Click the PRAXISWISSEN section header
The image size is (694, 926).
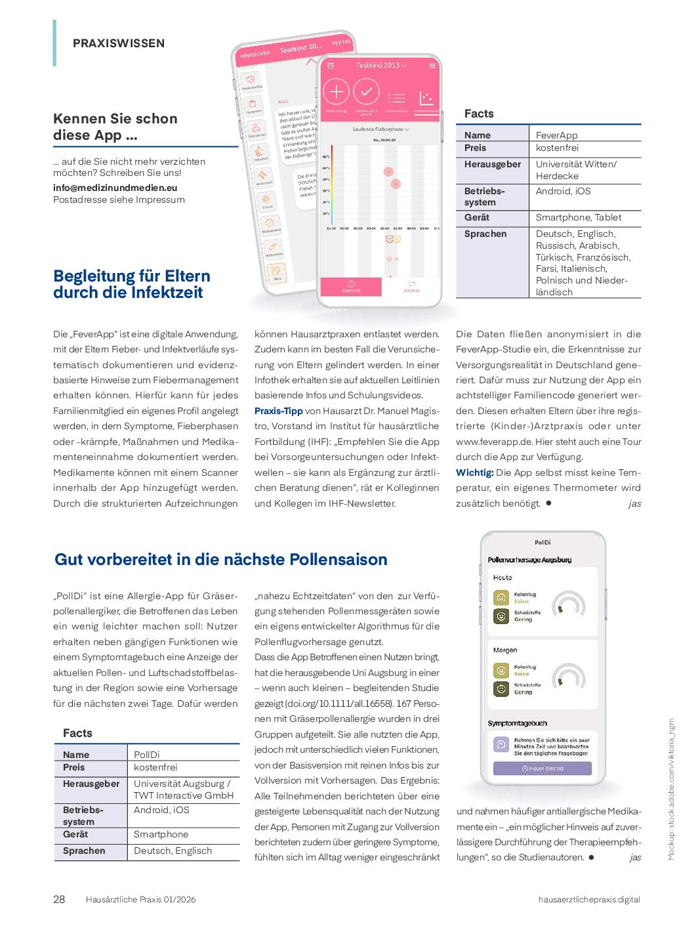[119, 43]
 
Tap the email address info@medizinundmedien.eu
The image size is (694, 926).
[115, 188]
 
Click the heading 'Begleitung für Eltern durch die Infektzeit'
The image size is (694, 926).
[132, 284]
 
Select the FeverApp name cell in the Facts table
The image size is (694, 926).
[556, 135]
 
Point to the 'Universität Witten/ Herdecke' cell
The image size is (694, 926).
[576, 170]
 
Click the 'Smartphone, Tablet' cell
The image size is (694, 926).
[578, 217]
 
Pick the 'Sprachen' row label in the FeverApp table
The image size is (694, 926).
[485, 234]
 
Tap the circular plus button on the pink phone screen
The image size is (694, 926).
[336, 91]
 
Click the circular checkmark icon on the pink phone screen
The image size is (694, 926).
[366, 91]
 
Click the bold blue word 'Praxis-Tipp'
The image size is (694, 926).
[278, 411]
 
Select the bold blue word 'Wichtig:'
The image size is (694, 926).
[474, 473]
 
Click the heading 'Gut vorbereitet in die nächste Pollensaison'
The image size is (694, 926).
[221, 559]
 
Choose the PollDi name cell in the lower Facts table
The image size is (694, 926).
[147, 755]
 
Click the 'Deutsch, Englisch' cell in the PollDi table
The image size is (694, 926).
[173, 851]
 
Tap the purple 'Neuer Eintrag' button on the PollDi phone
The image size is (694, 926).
[542, 768]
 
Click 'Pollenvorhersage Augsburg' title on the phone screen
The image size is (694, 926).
[529, 560]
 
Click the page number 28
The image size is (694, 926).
[59, 899]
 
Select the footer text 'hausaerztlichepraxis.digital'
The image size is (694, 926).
[588, 899]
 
